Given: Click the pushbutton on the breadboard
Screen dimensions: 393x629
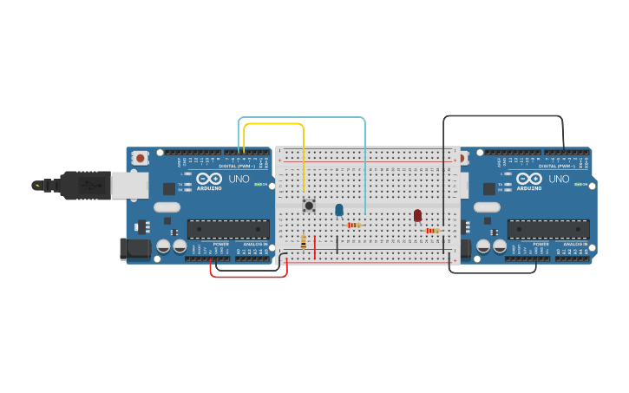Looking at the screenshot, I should click(308, 206).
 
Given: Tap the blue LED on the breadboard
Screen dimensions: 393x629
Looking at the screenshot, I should click(339, 209).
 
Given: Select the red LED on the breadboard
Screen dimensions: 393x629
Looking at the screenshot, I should click(417, 214).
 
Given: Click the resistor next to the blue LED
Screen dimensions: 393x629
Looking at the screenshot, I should click(354, 225).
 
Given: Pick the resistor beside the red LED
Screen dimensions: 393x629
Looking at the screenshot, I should click(432, 231).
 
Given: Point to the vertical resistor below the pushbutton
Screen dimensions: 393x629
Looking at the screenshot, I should click(304, 242).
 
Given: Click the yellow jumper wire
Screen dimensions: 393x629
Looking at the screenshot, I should click(273, 124).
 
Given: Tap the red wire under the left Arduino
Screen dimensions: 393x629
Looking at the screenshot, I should click(248, 277).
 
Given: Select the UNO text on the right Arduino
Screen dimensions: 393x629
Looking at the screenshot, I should click(560, 179).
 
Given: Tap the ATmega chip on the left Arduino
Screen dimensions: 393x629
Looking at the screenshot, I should click(228, 229).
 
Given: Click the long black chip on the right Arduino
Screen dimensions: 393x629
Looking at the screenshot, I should click(548, 229).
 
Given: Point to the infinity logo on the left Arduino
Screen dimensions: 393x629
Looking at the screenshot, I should click(209, 178).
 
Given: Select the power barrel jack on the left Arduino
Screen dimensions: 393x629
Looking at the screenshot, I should click(134, 248).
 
